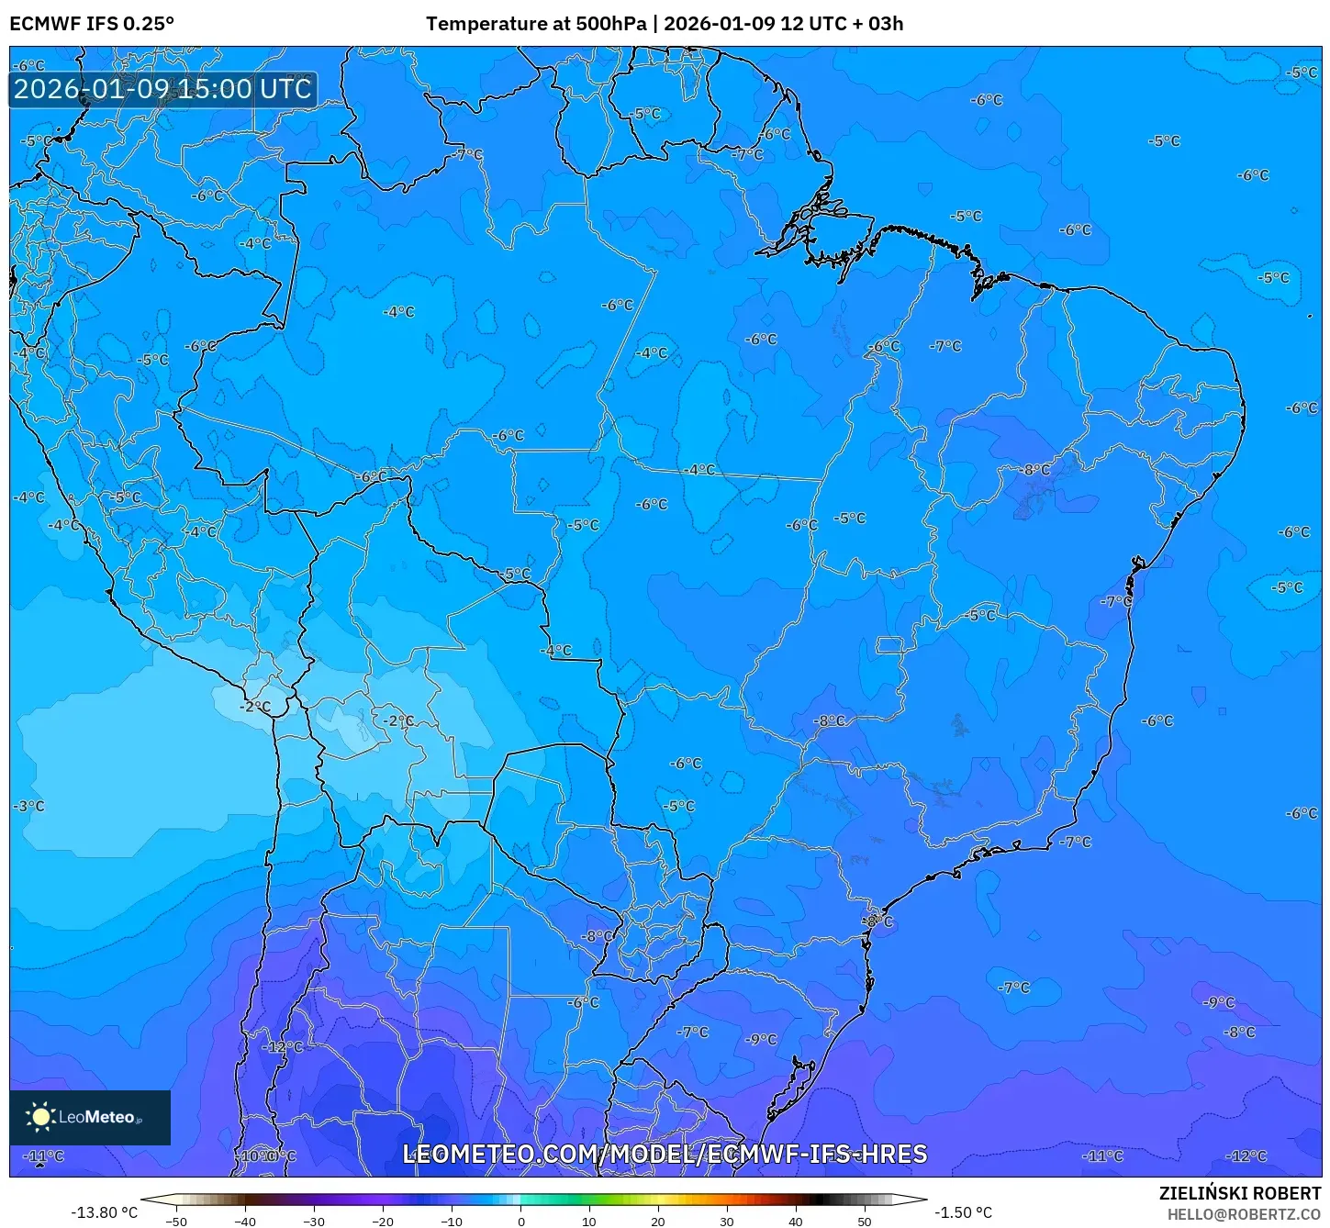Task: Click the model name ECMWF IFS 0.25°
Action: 92,24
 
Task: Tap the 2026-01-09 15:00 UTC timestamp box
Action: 162,89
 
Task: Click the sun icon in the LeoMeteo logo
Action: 40,1116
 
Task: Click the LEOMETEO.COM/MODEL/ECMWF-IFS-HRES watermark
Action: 665,1154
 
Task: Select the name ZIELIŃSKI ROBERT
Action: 1239,1193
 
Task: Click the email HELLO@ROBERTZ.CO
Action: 1243,1214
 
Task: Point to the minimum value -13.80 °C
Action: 104,1212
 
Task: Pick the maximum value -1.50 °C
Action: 963,1212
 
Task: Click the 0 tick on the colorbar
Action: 520,1222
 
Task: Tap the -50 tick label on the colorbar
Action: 175,1222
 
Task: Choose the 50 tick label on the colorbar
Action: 864,1222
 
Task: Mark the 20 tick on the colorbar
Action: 657,1222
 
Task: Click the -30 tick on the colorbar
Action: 313,1222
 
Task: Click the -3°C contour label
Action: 28,806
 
